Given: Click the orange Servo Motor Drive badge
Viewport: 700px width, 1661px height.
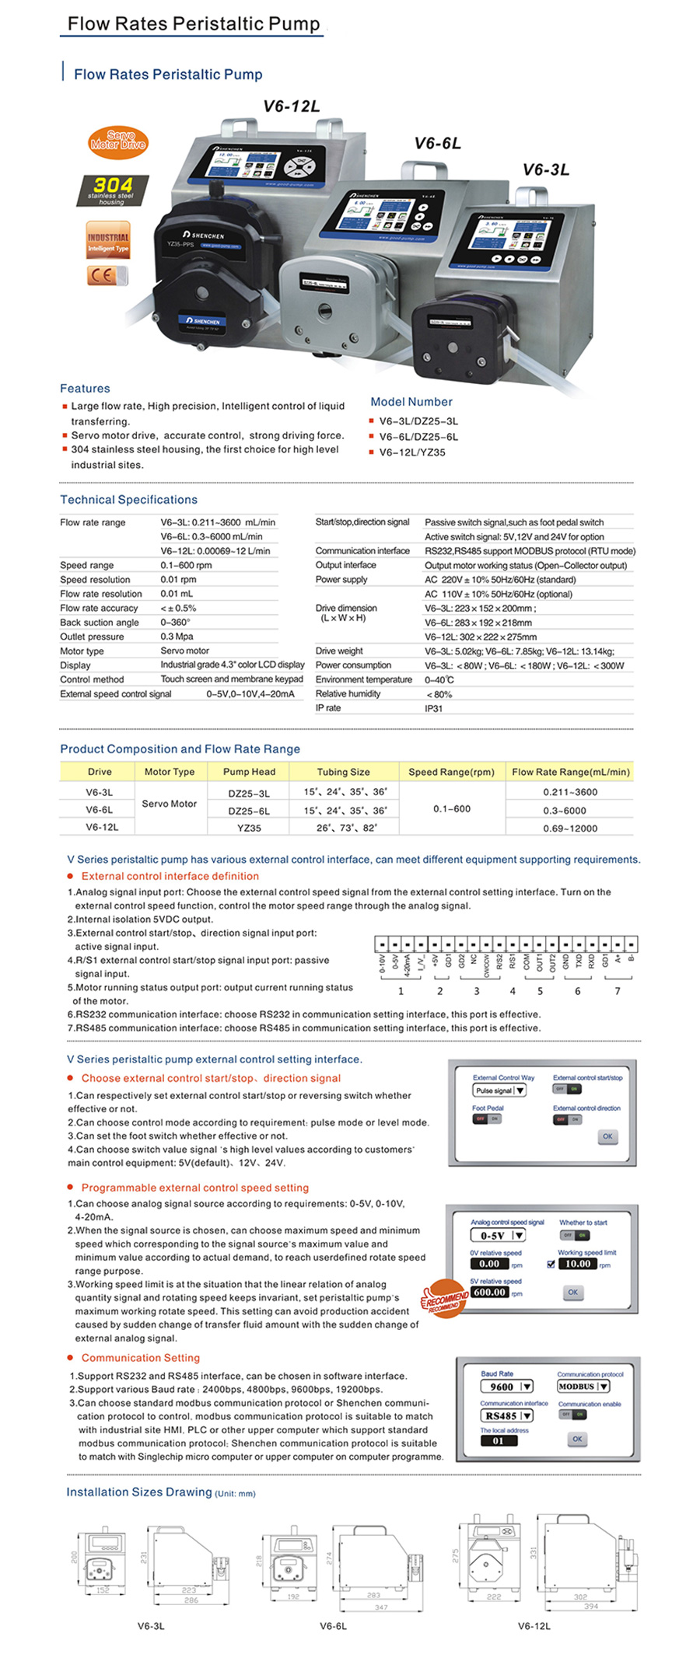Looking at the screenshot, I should [117, 141].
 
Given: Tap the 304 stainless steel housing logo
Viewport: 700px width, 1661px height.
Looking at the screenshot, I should [113, 190].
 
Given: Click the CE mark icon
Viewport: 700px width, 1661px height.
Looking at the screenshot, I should [107, 276].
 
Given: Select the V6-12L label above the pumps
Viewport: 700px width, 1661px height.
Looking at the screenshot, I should [292, 106].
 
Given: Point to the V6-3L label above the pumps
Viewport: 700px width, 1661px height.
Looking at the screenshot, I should [546, 169].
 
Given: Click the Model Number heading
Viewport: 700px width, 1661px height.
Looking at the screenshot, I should [411, 402].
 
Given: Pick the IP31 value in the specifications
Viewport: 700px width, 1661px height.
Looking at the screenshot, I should [433, 708].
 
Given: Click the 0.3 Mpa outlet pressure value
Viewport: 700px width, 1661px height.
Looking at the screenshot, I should [177, 637].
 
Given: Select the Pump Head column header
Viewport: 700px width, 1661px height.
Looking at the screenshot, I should [249, 772].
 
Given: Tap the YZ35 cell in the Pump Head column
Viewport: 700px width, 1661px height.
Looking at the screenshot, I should [249, 828].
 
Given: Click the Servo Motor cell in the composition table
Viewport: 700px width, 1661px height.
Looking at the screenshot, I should [169, 804].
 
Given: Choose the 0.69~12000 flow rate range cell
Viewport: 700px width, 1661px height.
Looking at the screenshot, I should [570, 829].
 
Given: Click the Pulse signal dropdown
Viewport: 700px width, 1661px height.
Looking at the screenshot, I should [499, 1090].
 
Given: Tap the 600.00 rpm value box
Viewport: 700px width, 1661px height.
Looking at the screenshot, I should [490, 1292].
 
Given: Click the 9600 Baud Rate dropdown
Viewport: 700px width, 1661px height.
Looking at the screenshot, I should [506, 1386].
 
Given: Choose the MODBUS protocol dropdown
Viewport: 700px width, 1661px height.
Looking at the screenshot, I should [583, 1386].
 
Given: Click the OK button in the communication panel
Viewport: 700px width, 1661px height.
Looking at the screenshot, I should [577, 1439].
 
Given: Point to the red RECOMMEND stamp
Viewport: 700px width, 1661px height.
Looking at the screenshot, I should [446, 1297].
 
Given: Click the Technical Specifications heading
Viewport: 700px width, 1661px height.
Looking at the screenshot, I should [128, 500].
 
